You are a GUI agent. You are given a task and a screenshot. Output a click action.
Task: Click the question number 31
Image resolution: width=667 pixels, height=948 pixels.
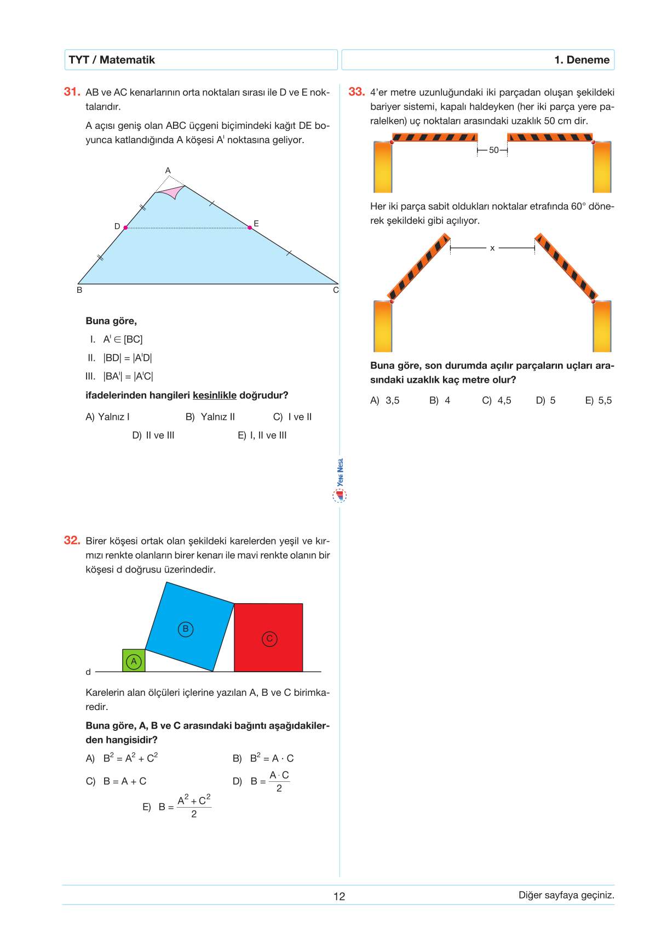point(72,92)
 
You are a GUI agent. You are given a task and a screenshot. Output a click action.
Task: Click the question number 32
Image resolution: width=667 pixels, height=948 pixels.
point(72,540)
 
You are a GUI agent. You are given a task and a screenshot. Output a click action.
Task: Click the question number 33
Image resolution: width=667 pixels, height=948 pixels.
point(357,92)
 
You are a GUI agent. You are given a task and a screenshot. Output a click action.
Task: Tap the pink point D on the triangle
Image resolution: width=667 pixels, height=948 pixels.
point(125,227)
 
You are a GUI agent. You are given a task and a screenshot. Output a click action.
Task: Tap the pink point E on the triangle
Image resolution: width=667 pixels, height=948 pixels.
point(250,227)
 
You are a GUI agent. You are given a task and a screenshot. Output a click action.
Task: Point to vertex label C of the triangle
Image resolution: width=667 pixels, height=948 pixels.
point(336,290)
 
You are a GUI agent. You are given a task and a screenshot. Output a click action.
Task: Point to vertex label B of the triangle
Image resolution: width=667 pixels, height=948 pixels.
point(79,290)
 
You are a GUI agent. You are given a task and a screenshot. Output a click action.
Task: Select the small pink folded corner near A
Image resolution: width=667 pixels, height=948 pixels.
point(171,192)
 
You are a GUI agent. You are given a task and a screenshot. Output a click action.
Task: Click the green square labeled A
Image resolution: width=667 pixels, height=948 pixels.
point(134,661)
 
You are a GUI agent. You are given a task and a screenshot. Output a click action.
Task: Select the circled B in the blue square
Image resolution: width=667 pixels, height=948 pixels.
point(186,629)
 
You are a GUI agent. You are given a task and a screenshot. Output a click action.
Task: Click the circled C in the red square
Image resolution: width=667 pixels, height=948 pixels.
point(269,639)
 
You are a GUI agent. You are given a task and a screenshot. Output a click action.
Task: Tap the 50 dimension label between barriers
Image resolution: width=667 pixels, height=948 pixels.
point(493,150)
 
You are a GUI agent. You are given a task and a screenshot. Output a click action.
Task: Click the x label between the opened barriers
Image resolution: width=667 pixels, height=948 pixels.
point(492,248)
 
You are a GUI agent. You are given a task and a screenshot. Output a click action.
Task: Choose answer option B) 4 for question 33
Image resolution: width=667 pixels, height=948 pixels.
point(440,400)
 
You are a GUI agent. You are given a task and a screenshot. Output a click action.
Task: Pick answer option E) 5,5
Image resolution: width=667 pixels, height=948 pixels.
point(598,400)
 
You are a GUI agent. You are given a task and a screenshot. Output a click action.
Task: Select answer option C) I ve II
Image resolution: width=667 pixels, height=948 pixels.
point(292,417)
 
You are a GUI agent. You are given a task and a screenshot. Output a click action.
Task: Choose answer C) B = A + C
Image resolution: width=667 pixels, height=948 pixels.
point(116,781)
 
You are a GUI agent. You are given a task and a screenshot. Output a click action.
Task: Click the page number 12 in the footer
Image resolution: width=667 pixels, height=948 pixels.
point(339,896)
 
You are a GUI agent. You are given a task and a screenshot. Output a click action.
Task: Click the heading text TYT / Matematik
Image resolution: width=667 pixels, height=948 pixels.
point(112,60)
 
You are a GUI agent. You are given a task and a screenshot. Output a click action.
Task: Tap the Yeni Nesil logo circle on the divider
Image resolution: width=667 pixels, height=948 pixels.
point(340,496)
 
